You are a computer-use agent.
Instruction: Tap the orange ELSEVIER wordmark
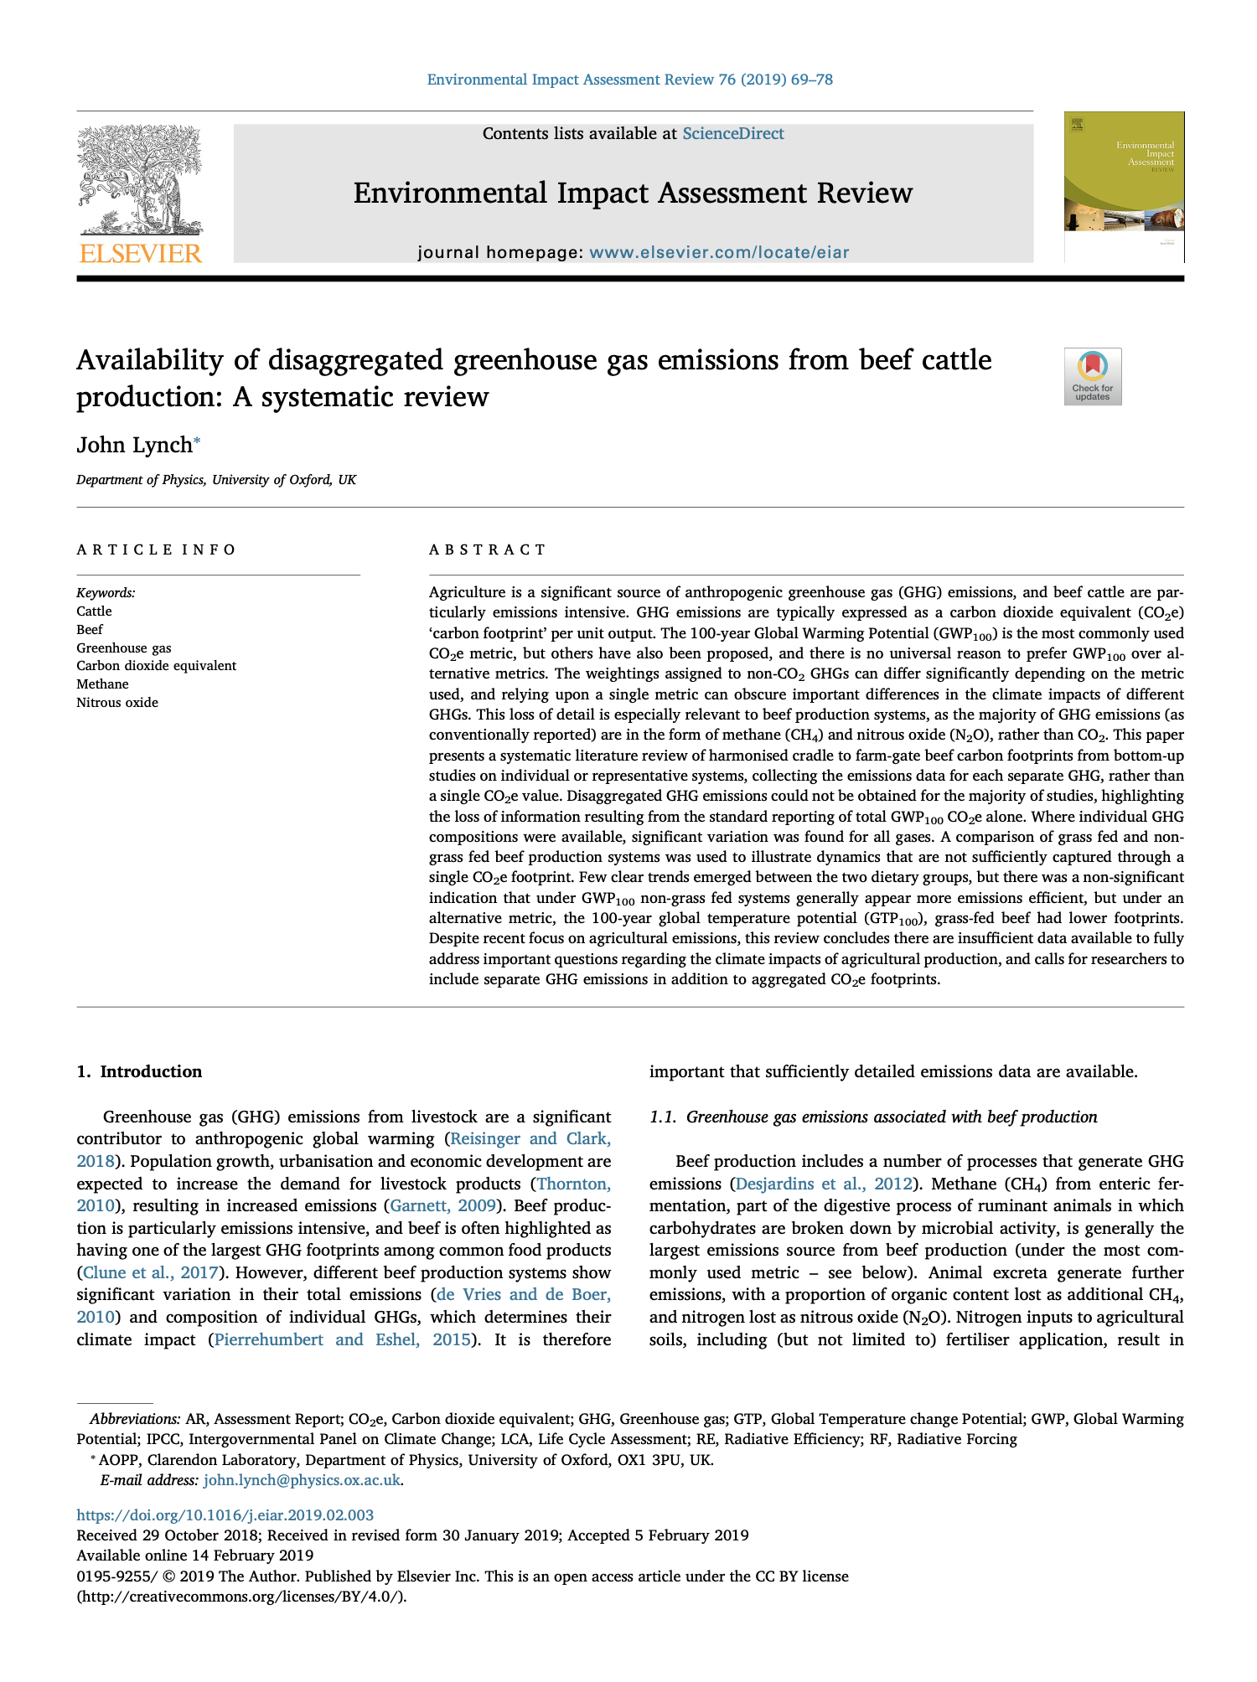140,253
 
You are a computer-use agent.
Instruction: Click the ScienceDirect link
732,134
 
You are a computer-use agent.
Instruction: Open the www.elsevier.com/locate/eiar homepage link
719,252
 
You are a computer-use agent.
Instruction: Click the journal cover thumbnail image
1124,187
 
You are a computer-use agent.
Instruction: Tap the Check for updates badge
1092,376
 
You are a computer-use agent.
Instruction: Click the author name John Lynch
134,445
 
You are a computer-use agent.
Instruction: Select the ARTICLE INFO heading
157,549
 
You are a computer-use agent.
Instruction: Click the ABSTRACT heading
487,549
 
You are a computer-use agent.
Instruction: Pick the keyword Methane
102,684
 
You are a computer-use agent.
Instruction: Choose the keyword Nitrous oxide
117,702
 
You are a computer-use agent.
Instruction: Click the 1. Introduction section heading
139,1071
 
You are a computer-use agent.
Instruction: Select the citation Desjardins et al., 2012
822,1184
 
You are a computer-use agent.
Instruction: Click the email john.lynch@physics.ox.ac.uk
302,1479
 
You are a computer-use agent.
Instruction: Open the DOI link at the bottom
225,1514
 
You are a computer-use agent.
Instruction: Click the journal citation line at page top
629,80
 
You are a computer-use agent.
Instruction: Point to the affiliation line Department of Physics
215,480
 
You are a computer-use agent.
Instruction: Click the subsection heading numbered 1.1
873,1117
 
